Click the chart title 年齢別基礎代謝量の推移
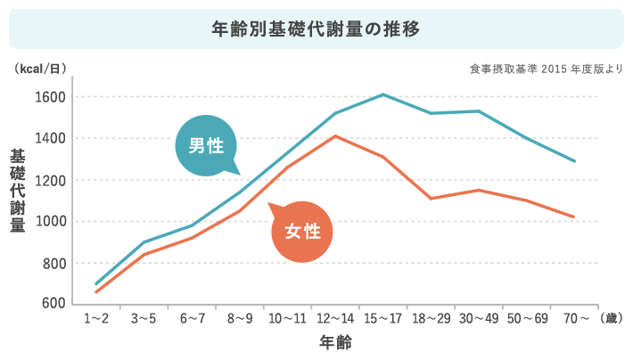316,29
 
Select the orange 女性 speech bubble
301,232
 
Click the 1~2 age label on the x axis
95,318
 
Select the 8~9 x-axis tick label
239,318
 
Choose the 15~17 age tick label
382,318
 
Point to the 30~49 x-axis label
479,318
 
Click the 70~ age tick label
575,318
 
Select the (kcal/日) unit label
41,69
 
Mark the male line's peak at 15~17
382,94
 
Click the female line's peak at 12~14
335,136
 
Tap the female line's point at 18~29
431,198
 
